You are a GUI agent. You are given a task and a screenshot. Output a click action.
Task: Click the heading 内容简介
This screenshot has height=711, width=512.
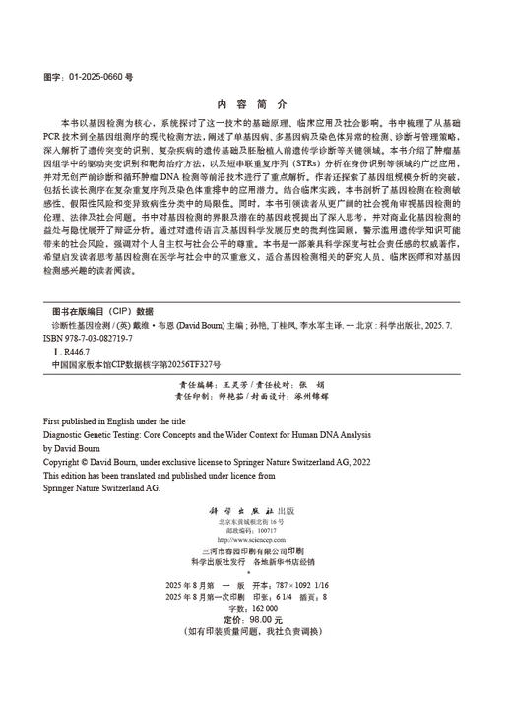(x=255, y=103)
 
